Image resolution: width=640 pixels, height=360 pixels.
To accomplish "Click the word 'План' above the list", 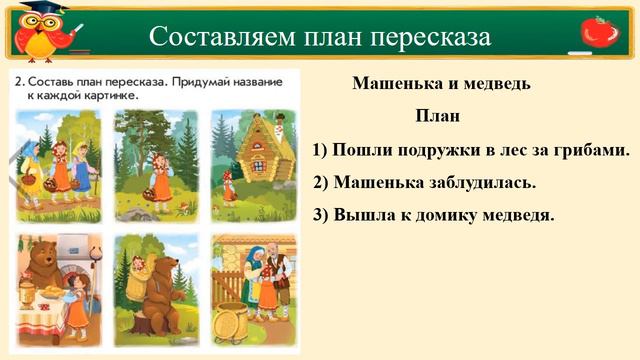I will click(437, 117).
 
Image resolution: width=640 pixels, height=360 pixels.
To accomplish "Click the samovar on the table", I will click(26, 294).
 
